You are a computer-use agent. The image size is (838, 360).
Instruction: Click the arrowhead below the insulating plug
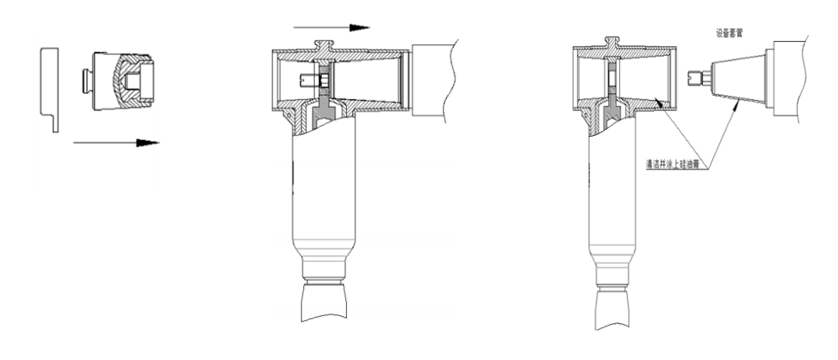(148, 143)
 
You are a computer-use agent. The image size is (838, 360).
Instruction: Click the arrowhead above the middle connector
(358, 27)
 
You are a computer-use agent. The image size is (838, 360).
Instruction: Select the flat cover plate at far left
(49, 87)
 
